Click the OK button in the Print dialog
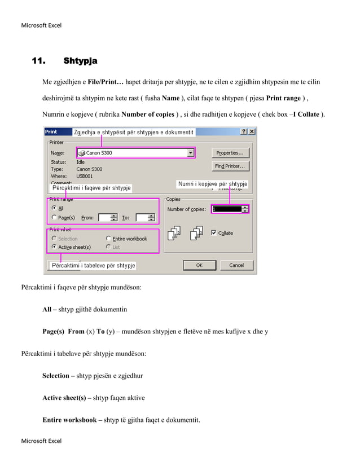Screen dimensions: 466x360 pos(199,265)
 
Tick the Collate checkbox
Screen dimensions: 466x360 pos(214,232)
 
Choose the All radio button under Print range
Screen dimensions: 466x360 pos(54,208)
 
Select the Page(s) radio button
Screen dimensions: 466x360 pos(54,217)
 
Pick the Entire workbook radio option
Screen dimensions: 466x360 pos(108,239)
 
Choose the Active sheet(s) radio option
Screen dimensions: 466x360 pos(54,247)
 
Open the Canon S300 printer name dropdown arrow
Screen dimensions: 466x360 pos(190,153)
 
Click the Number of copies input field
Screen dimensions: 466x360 pos(226,209)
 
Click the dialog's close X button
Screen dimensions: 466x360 pos(252,131)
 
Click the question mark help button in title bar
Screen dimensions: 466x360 pos(244,131)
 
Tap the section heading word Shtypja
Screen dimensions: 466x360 pos(80,60)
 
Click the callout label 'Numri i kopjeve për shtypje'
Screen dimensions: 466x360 pos(212,184)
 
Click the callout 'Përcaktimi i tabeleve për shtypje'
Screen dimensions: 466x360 pos(93,265)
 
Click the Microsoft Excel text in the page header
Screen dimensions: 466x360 pos(41,25)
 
